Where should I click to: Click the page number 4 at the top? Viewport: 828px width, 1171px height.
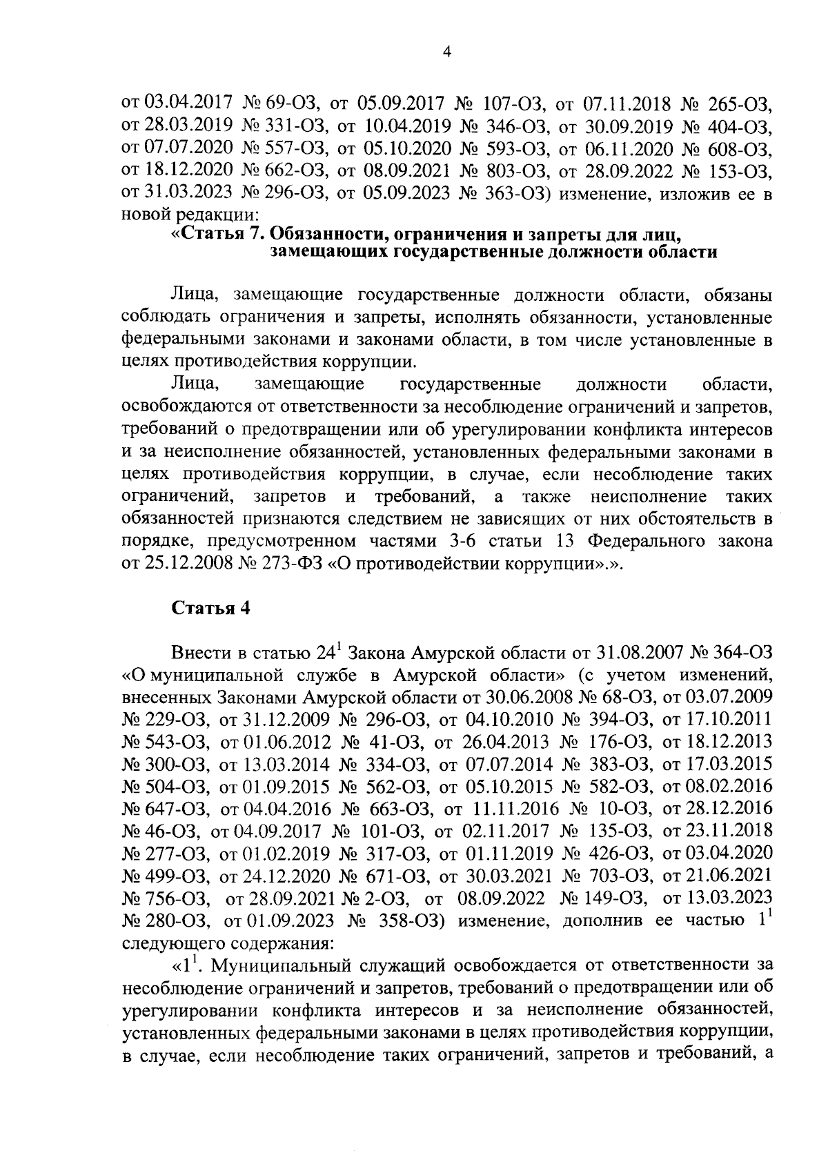point(446,53)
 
